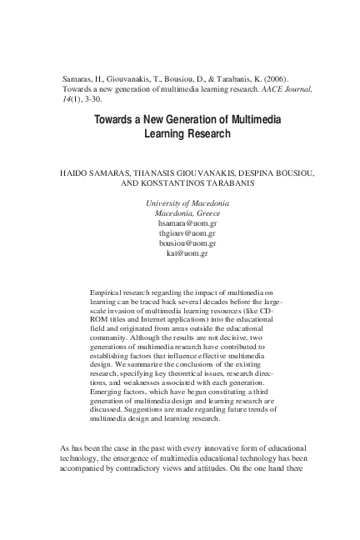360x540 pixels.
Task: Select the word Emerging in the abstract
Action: [x=104, y=390]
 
